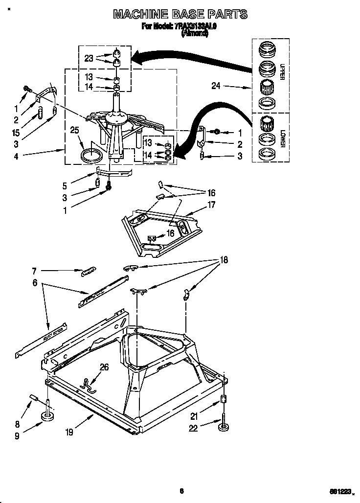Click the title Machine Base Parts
click(180, 14)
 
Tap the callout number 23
click(89, 58)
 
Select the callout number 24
click(216, 87)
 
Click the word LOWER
click(282, 138)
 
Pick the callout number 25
click(74, 130)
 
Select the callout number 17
click(211, 205)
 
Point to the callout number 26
click(104, 367)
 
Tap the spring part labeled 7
click(89, 270)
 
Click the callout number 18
click(224, 260)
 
